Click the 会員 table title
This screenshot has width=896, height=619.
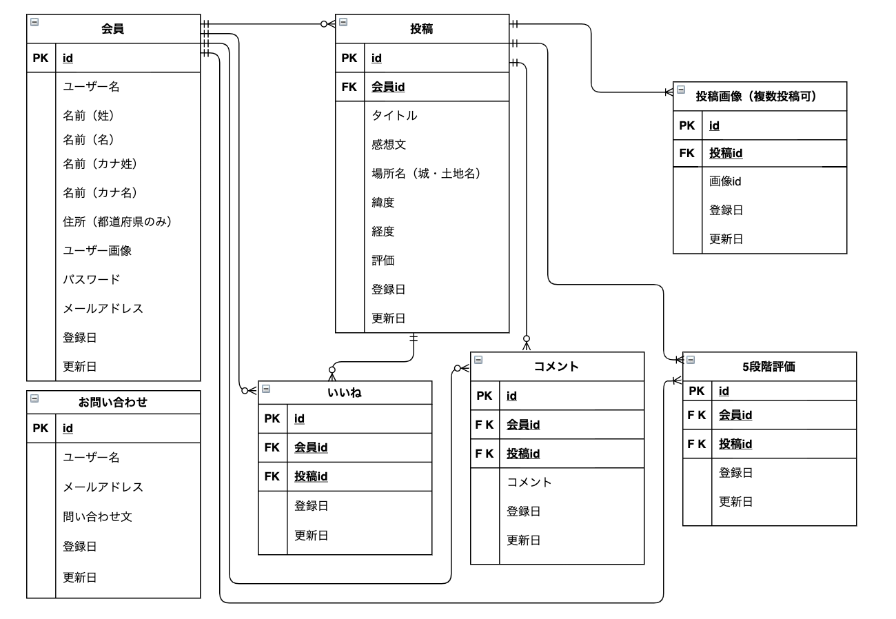point(112,29)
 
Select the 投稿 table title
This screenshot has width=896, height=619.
point(421,29)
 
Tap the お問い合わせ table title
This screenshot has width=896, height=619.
point(112,403)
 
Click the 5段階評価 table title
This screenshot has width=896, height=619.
point(768,367)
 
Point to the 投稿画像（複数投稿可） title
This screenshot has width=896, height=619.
point(756,97)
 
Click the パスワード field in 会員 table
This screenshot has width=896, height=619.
point(92,279)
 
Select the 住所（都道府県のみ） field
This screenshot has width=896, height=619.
point(116,221)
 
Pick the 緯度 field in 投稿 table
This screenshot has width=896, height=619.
point(383,203)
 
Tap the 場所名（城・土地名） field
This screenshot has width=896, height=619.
point(425,174)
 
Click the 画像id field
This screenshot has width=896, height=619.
point(725,181)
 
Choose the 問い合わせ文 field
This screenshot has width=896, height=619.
point(97,516)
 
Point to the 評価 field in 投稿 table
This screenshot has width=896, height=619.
point(383,261)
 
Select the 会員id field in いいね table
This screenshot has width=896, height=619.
point(310,447)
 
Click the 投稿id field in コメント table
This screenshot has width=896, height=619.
point(522,454)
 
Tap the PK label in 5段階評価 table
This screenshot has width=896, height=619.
point(697,391)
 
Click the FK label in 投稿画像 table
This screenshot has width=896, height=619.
point(687,153)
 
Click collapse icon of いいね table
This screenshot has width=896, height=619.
point(266,389)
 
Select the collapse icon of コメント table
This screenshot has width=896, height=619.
point(478,360)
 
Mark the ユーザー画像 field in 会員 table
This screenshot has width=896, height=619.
point(97,250)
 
